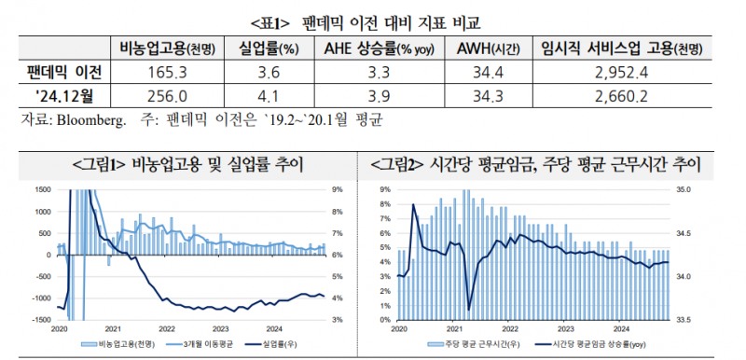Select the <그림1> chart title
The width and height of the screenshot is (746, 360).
[186, 165]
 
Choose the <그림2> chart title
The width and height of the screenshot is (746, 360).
[554, 165]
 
